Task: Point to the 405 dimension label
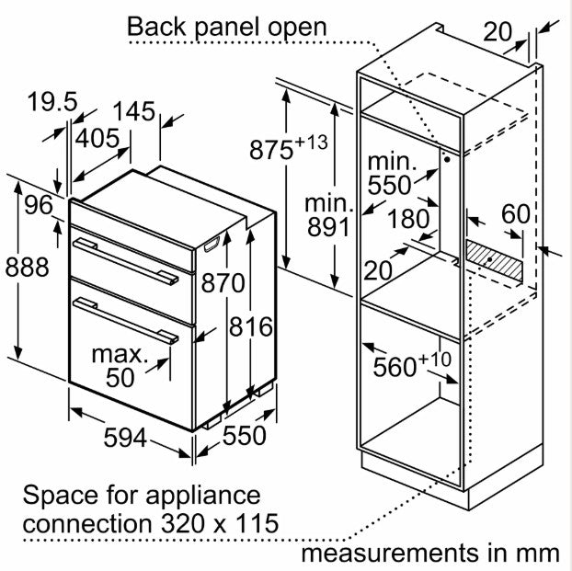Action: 97,138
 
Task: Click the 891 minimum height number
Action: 327,226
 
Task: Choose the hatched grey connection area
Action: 495,258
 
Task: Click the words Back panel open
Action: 226,27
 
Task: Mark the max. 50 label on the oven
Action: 120,365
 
